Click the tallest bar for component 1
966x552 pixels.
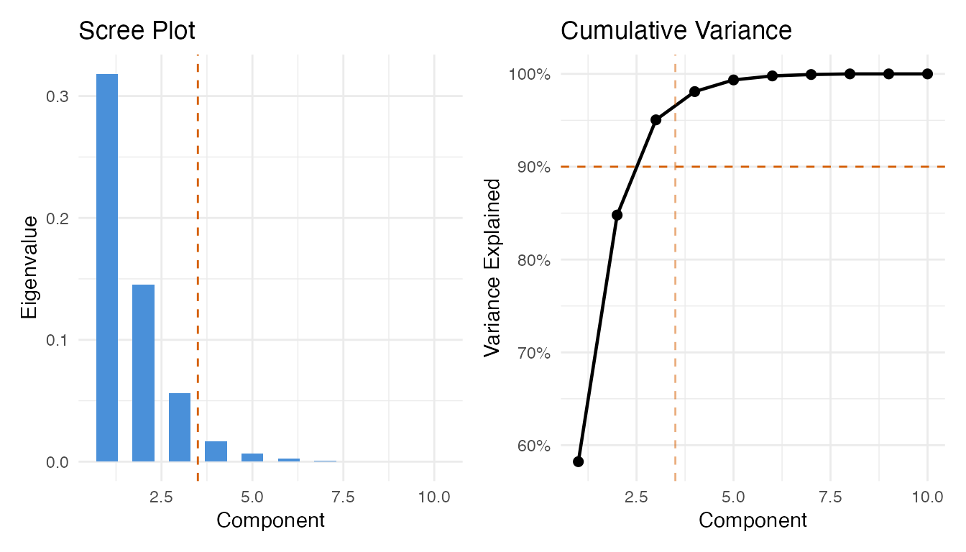[107, 267]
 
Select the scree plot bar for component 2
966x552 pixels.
[143, 373]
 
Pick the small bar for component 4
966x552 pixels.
[216, 451]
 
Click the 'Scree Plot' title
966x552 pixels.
[137, 31]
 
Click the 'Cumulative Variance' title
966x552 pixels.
[676, 31]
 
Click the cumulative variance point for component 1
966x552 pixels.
[578, 461]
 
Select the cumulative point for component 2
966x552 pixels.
[617, 215]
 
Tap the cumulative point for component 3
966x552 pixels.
[655, 120]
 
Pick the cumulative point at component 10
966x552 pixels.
[927, 74]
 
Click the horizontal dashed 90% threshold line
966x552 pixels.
[791, 167]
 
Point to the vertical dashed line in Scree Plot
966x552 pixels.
[198, 287]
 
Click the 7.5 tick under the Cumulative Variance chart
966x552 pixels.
[830, 497]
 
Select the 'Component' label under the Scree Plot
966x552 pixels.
[270, 520]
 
